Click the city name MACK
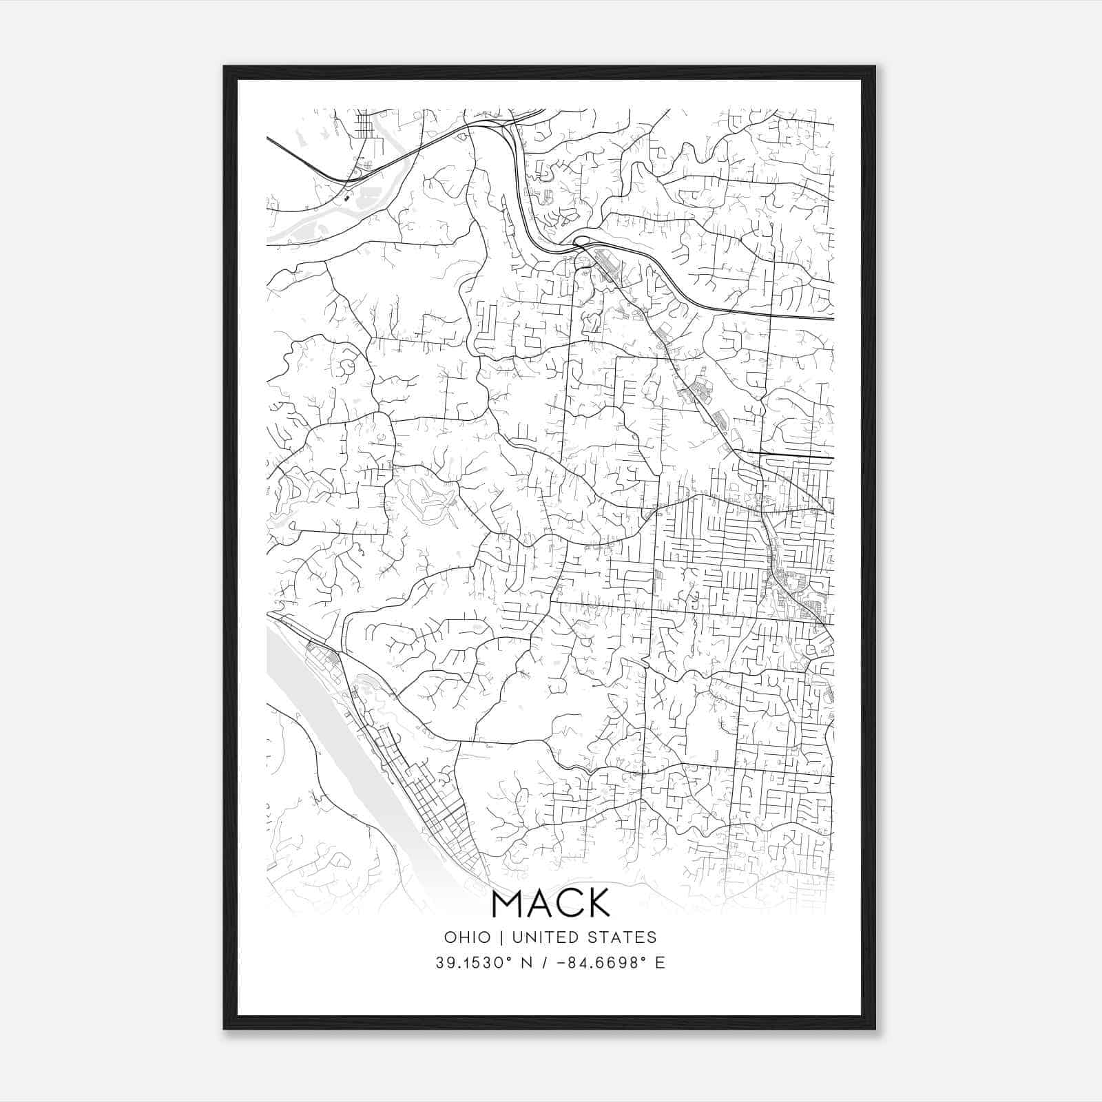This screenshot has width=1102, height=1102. [551, 904]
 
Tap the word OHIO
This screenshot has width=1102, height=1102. [468, 937]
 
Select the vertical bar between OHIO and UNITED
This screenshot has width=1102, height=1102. [501, 937]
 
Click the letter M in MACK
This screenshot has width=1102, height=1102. [507, 904]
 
